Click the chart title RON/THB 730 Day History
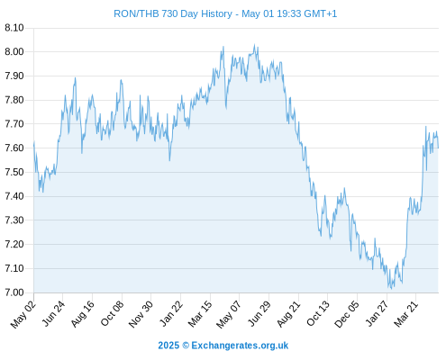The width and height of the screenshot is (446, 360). [173, 13]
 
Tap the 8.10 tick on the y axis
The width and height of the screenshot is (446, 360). [14, 28]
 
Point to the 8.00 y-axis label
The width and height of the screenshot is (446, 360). [14, 52]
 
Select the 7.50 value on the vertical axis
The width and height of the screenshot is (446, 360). [14, 172]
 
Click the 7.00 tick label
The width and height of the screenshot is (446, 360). [14, 292]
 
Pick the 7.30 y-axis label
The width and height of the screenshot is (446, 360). [14, 220]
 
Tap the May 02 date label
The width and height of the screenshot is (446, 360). [23, 314]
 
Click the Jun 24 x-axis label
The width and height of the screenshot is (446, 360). [53, 314]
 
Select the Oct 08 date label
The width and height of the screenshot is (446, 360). [112, 314]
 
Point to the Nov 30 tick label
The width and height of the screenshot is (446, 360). [141, 314]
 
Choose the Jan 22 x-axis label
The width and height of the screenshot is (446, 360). [170, 314]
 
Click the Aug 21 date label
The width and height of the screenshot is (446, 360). [288, 314]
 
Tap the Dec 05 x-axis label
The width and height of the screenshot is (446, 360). [347, 314]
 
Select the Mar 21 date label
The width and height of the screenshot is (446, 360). [406, 314]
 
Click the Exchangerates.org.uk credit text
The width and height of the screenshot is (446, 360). [240, 346]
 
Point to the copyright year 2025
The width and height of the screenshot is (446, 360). [168, 346]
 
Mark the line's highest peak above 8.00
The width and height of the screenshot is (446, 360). [254, 45]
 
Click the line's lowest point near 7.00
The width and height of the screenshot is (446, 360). [391, 289]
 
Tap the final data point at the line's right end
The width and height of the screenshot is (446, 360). [438, 148]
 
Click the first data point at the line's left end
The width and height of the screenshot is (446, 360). [34, 141]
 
